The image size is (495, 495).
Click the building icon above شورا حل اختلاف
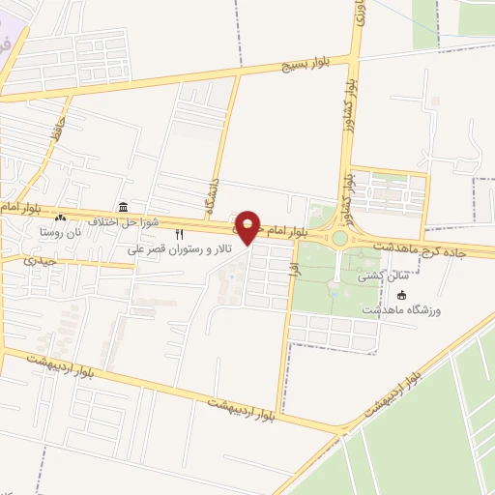[x=123, y=207]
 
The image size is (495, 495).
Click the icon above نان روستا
[x=61, y=218]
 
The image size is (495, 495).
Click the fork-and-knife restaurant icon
[x=178, y=234]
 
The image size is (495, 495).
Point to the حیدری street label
[x=42, y=260]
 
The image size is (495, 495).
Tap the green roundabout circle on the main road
[x=339, y=238]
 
